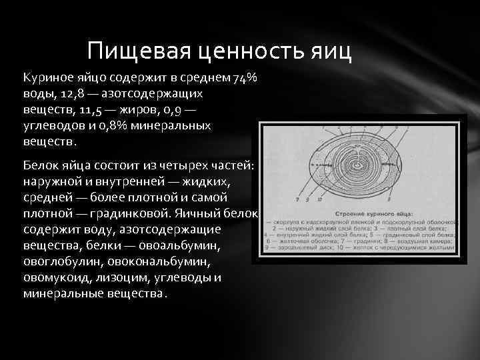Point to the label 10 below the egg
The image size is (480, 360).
click(320, 199)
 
